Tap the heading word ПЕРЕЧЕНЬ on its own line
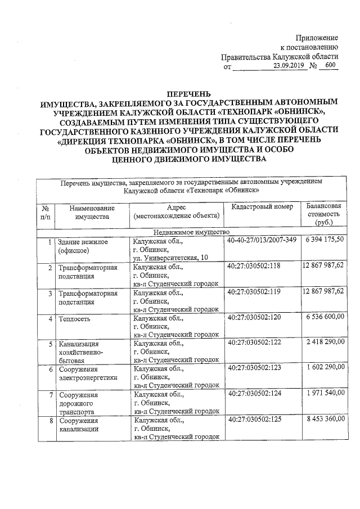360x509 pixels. (x=183, y=94)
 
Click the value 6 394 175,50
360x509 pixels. (x=325, y=240)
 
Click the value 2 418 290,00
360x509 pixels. (x=325, y=343)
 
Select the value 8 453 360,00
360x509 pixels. (x=325, y=420)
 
